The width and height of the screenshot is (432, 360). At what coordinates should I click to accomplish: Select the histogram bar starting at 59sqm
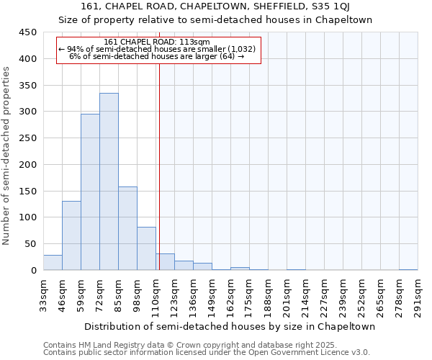(90, 192)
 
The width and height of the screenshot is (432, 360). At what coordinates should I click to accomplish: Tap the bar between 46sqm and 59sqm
(71, 235)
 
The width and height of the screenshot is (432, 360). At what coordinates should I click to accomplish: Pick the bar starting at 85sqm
(127, 228)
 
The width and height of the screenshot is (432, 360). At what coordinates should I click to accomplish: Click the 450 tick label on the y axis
(28, 32)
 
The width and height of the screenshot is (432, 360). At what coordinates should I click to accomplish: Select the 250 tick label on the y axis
(28, 138)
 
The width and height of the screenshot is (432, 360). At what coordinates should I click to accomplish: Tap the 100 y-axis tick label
(28, 217)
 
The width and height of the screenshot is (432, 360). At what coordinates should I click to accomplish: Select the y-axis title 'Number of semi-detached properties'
(7, 156)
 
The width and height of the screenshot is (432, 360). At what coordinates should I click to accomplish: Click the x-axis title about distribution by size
(230, 327)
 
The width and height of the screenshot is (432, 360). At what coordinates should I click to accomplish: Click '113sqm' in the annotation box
(194, 42)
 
